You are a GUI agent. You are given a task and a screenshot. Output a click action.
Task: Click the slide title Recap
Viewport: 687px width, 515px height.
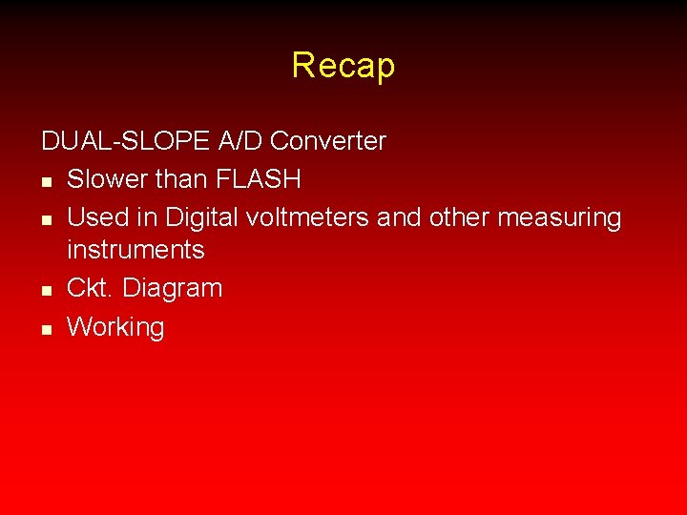[x=343, y=66]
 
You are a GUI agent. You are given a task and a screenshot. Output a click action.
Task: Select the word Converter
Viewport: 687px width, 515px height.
[x=328, y=142]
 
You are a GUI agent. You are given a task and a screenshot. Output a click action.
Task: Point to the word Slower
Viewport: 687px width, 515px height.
[x=111, y=179]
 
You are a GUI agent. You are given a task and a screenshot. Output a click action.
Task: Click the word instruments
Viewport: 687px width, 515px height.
[x=135, y=250]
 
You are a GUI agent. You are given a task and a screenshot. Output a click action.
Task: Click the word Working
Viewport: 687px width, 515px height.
[x=115, y=327]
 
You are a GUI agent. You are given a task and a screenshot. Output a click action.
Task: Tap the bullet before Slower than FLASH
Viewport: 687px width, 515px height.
[x=47, y=180]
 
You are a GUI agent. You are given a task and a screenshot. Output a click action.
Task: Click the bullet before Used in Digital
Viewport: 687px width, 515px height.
[x=47, y=218]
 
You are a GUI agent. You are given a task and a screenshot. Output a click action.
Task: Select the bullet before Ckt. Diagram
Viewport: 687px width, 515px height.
[x=47, y=289]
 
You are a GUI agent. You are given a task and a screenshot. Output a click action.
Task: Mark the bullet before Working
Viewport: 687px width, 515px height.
[x=47, y=328]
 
